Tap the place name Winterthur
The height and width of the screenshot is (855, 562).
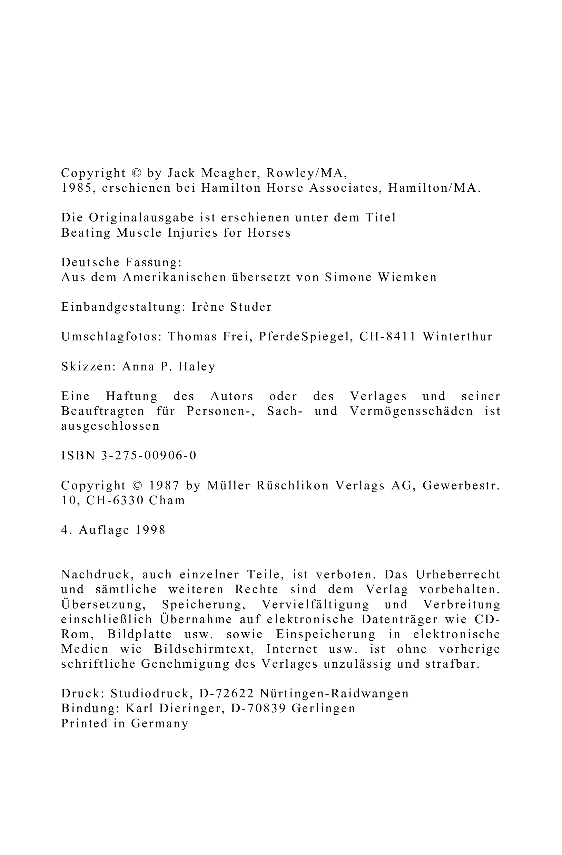[x=457, y=337]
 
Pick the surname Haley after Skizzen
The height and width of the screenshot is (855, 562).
[x=197, y=366]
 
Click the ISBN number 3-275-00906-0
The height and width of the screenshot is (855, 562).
[x=149, y=456]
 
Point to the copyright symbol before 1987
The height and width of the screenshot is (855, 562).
[x=137, y=486]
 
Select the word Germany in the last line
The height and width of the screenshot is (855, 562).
[x=159, y=724]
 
